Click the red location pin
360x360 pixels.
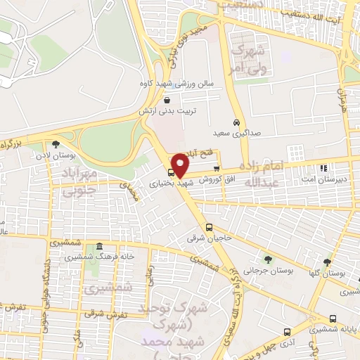181,165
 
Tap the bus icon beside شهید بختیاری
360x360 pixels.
171,173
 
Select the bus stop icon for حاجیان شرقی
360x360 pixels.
209,227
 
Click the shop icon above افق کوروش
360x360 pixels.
217,169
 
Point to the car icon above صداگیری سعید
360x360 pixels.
238,120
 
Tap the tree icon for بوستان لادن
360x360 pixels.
56,143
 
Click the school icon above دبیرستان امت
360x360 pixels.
323,168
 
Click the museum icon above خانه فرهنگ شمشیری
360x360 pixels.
99,246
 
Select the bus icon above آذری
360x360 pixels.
286,330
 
